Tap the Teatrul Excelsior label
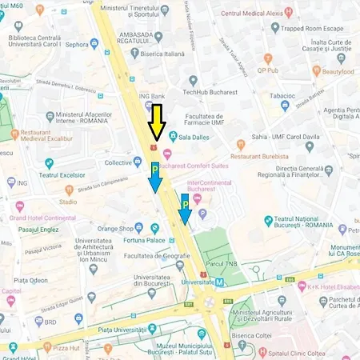(57, 174)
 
